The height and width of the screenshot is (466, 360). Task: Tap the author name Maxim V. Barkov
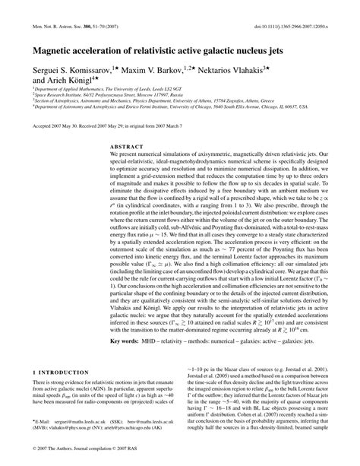[x=176, y=69]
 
